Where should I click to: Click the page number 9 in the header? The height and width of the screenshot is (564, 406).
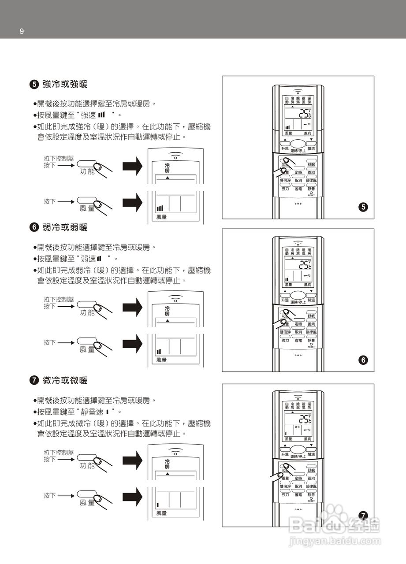pos(22,31)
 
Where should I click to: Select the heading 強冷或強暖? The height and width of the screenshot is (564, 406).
pos(65,84)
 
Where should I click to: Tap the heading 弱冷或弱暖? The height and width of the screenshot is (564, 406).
pos(65,227)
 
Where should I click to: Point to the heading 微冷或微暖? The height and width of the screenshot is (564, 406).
pos(65,380)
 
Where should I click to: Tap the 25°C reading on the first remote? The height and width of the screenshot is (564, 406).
pos(305,113)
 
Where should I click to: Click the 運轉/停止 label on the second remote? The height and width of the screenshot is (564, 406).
pos(298,302)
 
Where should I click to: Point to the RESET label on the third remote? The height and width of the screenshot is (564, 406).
pos(311,501)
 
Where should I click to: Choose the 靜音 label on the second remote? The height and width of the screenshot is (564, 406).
pos(311,341)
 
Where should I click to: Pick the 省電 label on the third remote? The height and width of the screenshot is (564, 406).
pos(298,494)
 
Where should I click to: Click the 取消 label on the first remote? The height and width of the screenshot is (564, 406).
pos(298,181)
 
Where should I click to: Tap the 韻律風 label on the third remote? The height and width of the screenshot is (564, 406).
pos(311,486)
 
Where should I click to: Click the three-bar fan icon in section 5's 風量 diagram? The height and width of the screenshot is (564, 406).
pos(160,208)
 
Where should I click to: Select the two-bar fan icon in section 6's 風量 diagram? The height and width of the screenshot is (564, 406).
pos(159,352)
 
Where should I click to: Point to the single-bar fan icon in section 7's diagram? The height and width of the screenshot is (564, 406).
pos(157,505)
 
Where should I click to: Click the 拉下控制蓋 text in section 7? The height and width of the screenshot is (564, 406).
pos(59,453)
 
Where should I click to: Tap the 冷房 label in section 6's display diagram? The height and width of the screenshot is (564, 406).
pos(167,311)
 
